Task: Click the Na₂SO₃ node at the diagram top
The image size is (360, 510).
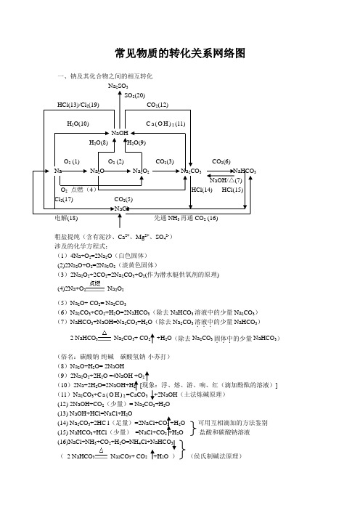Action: [118, 86]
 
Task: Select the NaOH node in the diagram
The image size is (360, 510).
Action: [120, 133]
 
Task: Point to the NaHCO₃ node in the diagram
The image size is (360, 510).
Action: [243, 171]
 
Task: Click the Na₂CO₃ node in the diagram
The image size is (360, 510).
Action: [192, 171]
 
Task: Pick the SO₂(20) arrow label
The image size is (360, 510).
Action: [134, 95]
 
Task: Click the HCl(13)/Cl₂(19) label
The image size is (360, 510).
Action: [78, 105]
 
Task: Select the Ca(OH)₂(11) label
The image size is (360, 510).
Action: [165, 124]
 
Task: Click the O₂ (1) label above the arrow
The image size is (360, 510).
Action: [71, 161]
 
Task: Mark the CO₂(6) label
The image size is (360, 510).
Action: [221, 161]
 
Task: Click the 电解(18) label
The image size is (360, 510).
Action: [67, 217]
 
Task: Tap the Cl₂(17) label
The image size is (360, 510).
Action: [64, 198]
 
